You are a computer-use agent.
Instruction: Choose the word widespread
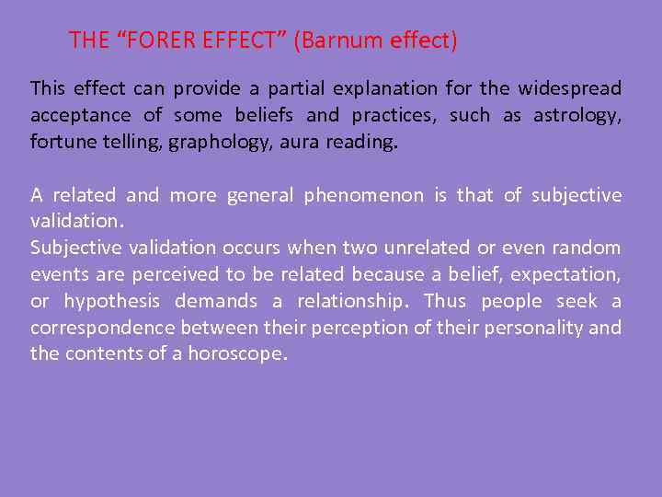pos(570,89)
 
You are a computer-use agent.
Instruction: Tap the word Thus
pos(445,302)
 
